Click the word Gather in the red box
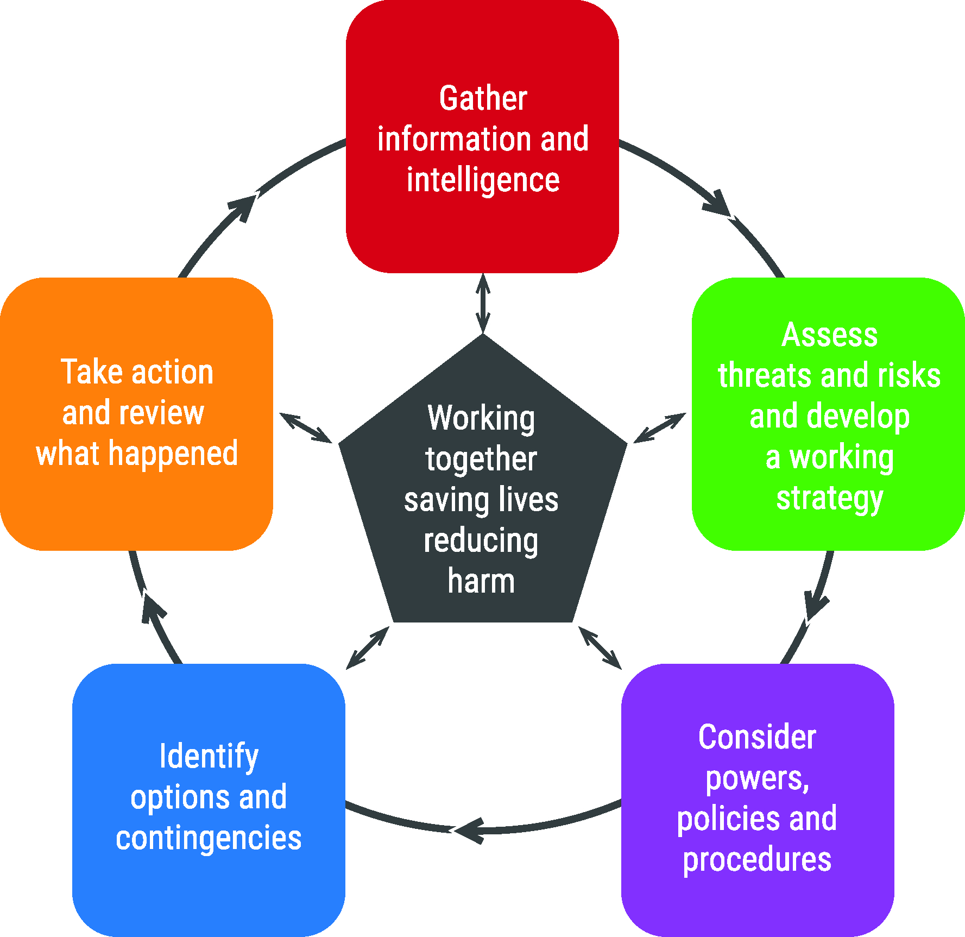pos(483,98)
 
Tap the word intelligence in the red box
pos(483,181)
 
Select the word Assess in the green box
pos(829,335)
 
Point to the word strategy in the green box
pos(830,499)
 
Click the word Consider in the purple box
pos(757,737)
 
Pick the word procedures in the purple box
pos(757,861)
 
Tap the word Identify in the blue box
pos(209,757)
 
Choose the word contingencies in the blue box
pos(209,838)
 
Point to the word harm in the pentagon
pos(481,581)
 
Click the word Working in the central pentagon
pos(481,419)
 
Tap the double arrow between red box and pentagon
pos(483,303)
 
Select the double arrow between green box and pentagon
pos(660,428)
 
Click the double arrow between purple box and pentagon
pos(600,647)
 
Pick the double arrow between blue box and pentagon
pos(368,647)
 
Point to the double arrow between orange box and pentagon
pos(306,428)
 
